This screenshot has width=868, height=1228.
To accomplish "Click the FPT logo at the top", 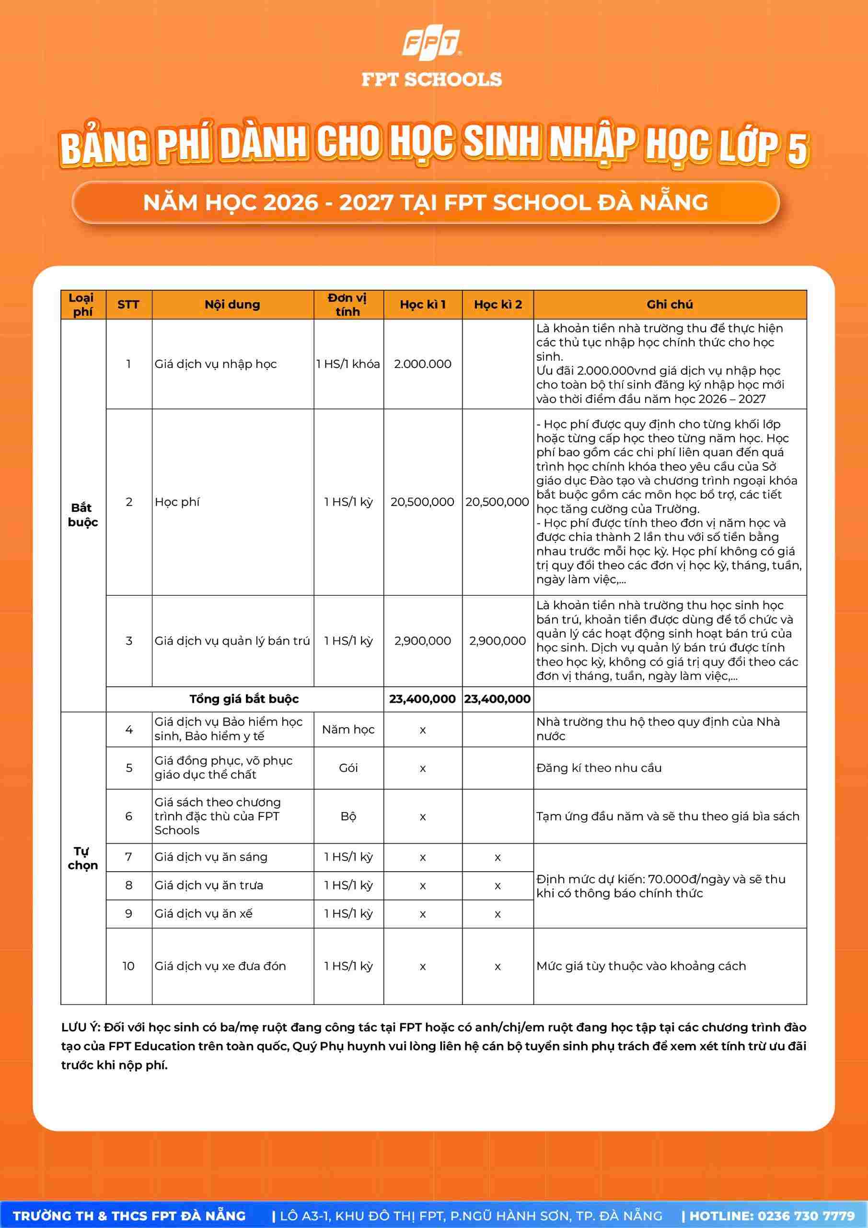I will click(x=431, y=43).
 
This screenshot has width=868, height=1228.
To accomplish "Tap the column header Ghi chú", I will click(x=669, y=304).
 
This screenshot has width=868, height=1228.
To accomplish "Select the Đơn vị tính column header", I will click(x=348, y=304).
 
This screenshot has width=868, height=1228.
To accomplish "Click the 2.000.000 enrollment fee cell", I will click(x=422, y=364).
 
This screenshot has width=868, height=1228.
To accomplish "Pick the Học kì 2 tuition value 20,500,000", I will click(x=497, y=502).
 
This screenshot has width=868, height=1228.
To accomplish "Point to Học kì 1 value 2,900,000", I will click(x=422, y=640).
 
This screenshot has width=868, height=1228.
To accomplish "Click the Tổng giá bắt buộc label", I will click(x=244, y=698).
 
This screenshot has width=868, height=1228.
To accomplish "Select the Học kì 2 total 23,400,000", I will click(x=497, y=698).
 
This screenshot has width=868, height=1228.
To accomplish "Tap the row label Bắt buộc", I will click(x=83, y=515).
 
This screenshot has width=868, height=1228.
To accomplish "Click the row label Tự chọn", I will click(x=83, y=858).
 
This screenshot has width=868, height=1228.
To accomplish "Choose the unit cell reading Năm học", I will click(x=348, y=729).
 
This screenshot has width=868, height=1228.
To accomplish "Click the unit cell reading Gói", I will click(x=348, y=767).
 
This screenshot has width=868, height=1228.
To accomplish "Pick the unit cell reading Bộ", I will click(x=348, y=816).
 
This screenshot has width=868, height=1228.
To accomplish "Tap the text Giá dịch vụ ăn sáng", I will click(x=210, y=857).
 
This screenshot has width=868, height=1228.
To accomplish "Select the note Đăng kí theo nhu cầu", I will click(x=599, y=767).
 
